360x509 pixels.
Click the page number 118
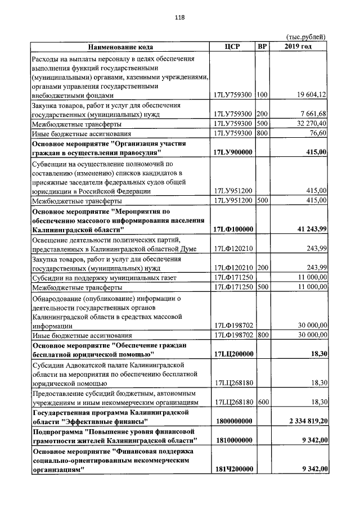tap(180, 17)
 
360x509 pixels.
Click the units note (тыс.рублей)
tap(307, 37)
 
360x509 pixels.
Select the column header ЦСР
tap(232, 46)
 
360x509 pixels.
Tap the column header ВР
tap(262, 46)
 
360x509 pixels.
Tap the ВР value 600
tap(262, 401)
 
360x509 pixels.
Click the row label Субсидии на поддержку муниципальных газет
tap(105, 277)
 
